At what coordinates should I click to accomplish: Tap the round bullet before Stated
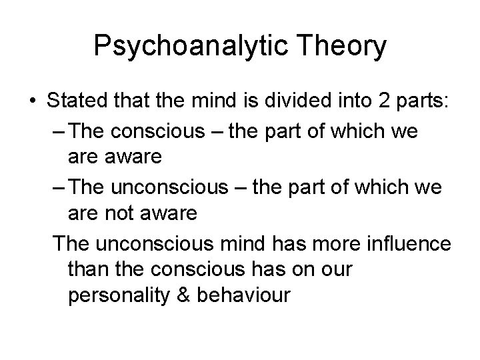tap(33, 104)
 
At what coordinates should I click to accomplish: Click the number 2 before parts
tap(358, 103)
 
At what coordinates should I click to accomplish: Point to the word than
tap(88, 269)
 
